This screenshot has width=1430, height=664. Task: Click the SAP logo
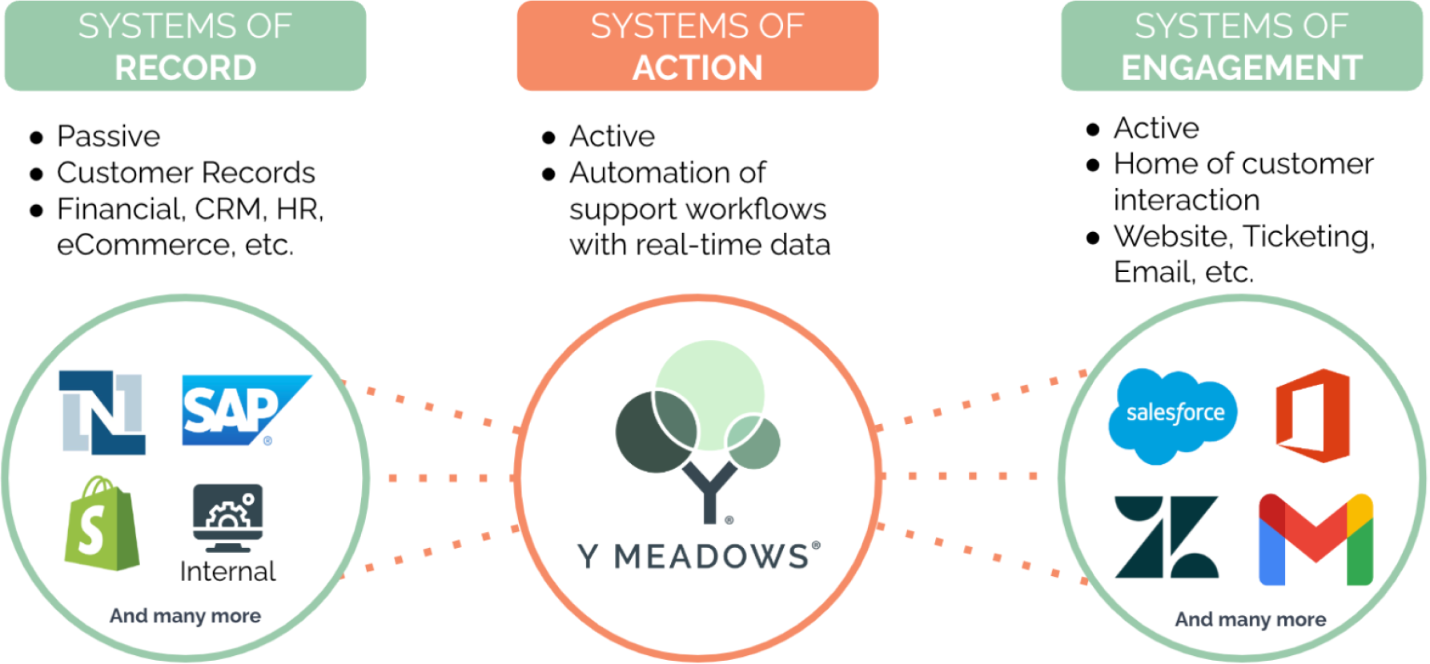coord(247,410)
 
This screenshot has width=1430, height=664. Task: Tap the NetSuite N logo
coord(102,412)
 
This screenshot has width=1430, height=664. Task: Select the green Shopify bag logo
coord(102,523)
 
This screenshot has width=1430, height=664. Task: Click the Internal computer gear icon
coord(228,518)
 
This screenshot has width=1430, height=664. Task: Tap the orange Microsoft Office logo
coord(1313,415)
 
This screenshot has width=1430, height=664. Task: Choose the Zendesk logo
coord(1167,537)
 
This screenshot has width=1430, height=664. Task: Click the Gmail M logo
coord(1316,539)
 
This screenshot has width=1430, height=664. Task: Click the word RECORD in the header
coord(185,68)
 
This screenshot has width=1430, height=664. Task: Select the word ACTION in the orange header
coord(697,68)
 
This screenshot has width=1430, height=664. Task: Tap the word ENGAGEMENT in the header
coord(1242,68)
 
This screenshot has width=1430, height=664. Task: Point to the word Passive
coord(109,136)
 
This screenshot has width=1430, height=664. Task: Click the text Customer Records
coord(186,172)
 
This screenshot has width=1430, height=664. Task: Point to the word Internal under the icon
coord(227,571)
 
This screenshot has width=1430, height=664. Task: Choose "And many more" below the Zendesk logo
coord(1251,619)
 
